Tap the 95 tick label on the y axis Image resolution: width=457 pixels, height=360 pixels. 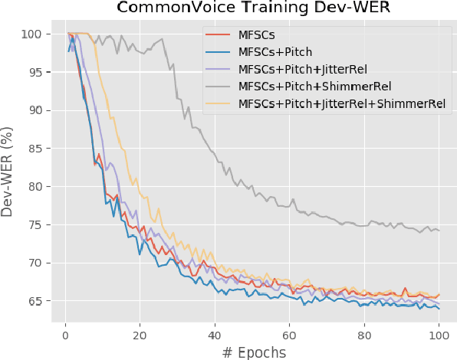35,72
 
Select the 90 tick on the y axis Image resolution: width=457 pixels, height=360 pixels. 35,110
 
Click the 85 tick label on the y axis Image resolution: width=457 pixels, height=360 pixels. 35,149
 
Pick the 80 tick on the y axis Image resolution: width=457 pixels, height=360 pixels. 35,187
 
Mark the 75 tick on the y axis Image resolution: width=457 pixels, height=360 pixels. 35,224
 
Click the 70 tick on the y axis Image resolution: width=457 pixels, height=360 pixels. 35,263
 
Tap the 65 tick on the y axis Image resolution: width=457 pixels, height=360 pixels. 35,301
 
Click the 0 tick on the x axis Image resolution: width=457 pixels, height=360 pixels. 65,334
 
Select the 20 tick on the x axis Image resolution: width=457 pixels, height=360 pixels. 140,334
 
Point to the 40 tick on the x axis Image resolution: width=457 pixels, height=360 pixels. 215,334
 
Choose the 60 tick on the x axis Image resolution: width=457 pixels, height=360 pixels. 289,334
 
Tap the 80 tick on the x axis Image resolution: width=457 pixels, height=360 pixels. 364,334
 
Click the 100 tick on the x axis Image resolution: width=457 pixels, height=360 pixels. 439,334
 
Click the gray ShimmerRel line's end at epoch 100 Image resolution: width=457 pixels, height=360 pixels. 439,231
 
